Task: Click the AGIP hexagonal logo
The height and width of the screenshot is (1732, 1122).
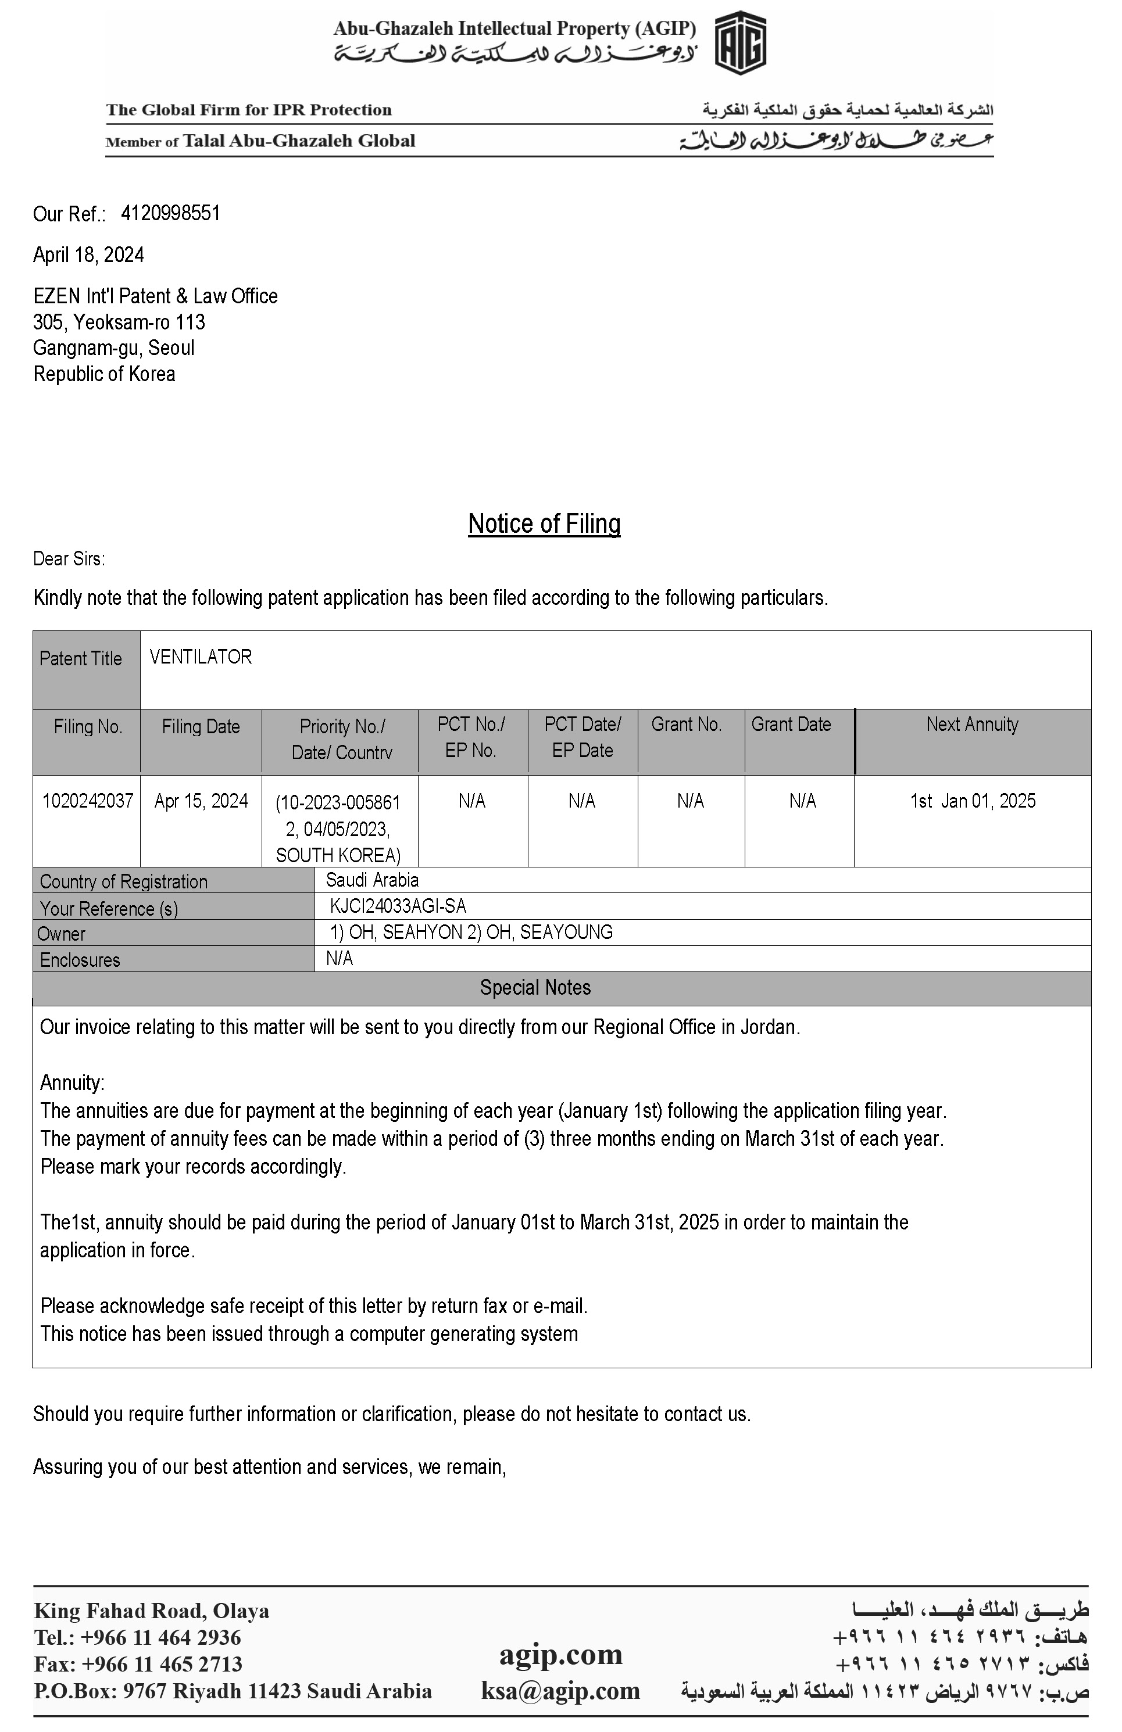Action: [739, 44]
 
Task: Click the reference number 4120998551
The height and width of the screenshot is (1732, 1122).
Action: [170, 213]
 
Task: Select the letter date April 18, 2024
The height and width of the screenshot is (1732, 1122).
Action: [88, 254]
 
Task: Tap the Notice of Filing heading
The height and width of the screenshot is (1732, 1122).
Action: [544, 523]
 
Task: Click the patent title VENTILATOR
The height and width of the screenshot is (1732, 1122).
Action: [200, 657]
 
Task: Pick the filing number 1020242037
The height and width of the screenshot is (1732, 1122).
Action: [87, 801]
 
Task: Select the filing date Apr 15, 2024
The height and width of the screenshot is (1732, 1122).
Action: [201, 801]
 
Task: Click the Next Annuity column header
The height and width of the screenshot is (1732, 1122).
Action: [972, 724]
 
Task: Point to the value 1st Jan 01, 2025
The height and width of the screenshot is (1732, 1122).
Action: [972, 801]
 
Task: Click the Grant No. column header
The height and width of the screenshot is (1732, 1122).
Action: [686, 724]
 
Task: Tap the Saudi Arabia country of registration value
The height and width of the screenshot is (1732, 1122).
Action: [372, 880]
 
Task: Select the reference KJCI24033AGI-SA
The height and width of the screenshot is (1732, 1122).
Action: [398, 906]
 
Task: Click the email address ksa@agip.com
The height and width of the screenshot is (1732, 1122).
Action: [560, 1690]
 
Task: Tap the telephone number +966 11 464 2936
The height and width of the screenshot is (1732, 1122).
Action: [160, 1637]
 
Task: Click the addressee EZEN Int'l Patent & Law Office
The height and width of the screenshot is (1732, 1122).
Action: [155, 296]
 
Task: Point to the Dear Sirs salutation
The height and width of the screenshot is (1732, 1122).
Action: [69, 559]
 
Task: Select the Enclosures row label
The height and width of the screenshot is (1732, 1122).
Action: [80, 960]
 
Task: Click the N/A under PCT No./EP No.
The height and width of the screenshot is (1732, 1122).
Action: [472, 801]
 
